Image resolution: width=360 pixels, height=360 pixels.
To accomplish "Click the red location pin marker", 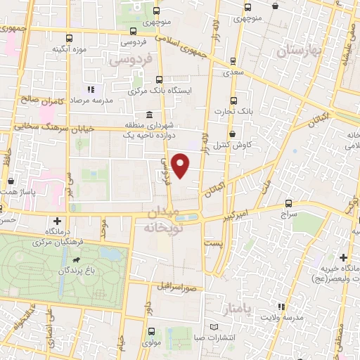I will click(x=181, y=165).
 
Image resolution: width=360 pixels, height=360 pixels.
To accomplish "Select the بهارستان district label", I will click(x=300, y=51).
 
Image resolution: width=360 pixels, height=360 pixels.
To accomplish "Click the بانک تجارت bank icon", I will click(x=234, y=101).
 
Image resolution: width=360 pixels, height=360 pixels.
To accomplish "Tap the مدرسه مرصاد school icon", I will click(x=90, y=89).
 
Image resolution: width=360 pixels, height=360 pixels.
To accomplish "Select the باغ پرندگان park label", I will click(x=77, y=270).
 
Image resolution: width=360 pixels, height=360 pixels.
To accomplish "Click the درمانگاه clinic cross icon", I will click(x=58, y=221).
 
